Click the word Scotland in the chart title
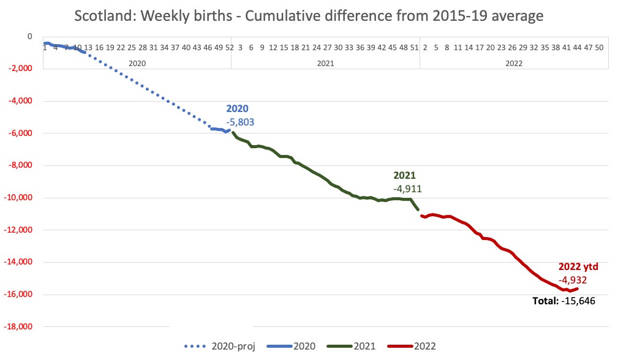[105, 15]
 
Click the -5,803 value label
[240, 122]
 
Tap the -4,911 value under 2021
[407, 188]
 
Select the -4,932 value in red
[574, 280]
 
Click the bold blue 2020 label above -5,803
[238, 108]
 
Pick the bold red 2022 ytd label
[578, 267]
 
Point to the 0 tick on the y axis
[28, 36]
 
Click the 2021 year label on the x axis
[325, 62]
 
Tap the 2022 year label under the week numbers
[513, 62]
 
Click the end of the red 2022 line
[577, 289]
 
